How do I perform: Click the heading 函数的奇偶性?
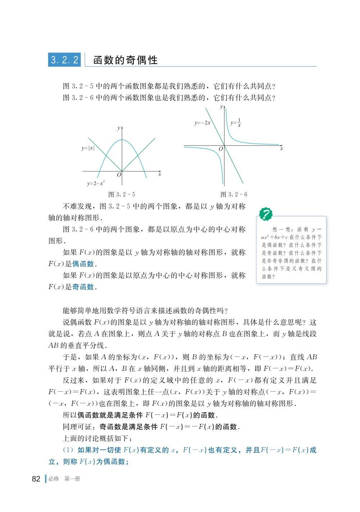click(125, 60)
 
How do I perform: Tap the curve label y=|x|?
click(88, 148)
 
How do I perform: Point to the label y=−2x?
click(202, 123)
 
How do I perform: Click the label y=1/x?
click(236, 123)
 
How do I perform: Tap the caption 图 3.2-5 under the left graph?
click(122, 194)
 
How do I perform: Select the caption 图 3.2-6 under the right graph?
click(234, 194)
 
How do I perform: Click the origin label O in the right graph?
click(221, 149)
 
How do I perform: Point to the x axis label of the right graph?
click(282, 148)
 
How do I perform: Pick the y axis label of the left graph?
click(118, 128)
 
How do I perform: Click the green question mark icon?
click(265, 214)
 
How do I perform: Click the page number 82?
click(36, 479)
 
